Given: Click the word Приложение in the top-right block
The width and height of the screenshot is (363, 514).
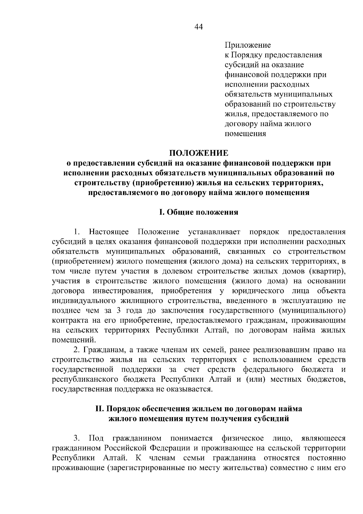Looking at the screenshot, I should pos(247,45).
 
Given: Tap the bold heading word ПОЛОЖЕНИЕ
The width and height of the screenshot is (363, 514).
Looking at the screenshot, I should pos(198,153).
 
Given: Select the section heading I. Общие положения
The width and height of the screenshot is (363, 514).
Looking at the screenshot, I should pos(198,212).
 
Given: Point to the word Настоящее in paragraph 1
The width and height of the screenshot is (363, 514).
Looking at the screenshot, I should pos(109,232).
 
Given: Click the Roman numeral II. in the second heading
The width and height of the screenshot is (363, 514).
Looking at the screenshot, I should pos(100,409).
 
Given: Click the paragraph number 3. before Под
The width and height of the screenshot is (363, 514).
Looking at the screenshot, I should pos(77,438).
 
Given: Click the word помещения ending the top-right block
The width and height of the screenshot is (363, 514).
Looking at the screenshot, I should pos(245,133).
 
